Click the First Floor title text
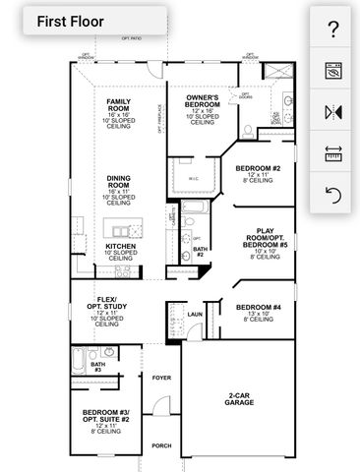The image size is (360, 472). (70, 20)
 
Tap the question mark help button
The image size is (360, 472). (332, 29)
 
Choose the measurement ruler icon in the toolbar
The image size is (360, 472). (332, 153)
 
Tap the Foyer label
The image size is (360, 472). (161, 375)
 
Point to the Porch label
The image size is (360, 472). (161, 445)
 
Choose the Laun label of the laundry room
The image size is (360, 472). (194, 315)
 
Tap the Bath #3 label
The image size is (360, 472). (97, 366)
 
